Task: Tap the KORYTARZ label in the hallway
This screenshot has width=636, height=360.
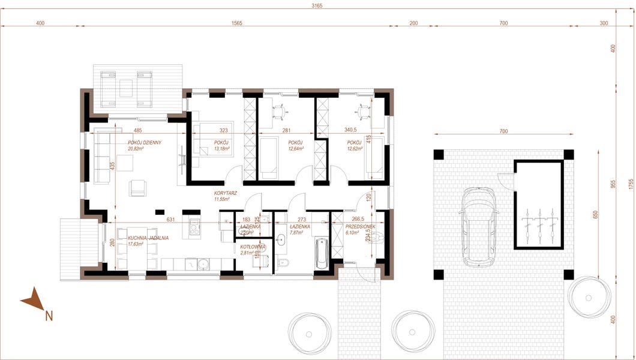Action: tap(226, 193)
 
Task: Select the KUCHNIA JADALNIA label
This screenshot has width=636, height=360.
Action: tap(148, 238)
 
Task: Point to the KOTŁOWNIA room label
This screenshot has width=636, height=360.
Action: tap(247, 247)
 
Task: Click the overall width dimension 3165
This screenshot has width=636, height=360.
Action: tap(317, 5)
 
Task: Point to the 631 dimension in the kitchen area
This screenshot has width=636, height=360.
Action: tap(170, 219)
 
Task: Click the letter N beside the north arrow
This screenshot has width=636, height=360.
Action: tap(49, 314)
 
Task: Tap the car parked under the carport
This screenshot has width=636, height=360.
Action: tap(478, 226)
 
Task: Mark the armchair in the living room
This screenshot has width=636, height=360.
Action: tap(138, 188)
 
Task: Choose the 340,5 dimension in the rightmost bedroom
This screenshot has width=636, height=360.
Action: tap(350, 130)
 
